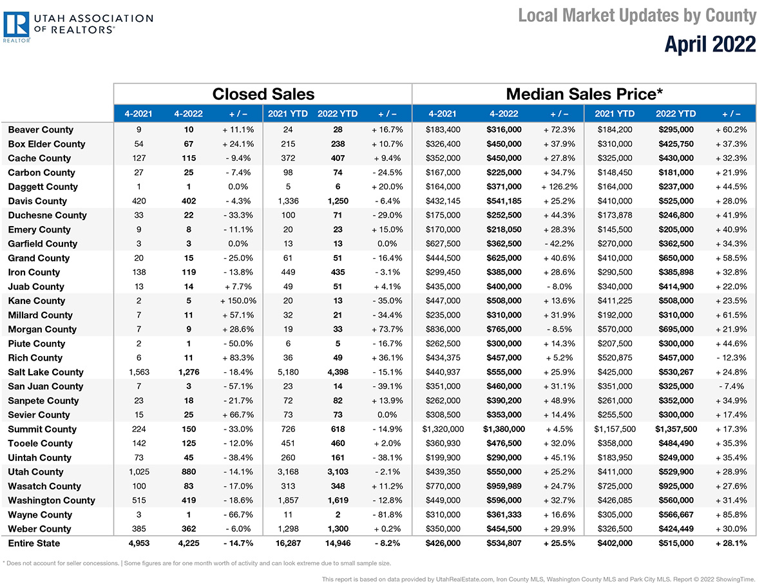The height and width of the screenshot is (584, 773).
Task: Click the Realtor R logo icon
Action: (x=16, y=24)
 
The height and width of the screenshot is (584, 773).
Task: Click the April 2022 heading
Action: (x=710, y=44)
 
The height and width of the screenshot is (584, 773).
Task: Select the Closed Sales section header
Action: (x=263, y=94)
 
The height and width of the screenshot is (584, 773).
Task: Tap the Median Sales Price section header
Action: (x=584, y=94)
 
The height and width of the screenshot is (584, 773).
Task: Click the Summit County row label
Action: (x=43, y=429)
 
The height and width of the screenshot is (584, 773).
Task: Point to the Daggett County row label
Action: (x=43, y=187)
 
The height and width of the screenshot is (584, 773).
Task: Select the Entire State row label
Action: (x=34, y=543)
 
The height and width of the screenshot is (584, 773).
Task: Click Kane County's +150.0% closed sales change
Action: (x=238, y=301)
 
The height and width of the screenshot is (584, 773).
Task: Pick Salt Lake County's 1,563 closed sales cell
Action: (x=138, y=372)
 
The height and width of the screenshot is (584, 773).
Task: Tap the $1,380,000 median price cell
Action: (x=504, y=429)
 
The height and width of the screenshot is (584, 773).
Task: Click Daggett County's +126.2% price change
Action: (x=559, y=187)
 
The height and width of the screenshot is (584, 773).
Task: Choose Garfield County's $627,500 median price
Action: (x=443, y=243)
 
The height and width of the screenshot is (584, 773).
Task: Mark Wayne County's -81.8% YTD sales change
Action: (x=387, y=514)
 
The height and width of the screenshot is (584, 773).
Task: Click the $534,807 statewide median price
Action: (x=504, y=543)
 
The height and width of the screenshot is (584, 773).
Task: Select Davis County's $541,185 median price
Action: (x=504, y=201)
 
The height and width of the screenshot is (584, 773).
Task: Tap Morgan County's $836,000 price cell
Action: (x=443, y=329)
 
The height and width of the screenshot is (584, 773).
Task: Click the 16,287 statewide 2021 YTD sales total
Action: (x=288, y=543)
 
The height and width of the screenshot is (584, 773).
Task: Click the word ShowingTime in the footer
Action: (x=738, y=579)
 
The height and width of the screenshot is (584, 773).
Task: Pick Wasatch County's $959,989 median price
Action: (x=504, y=486)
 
